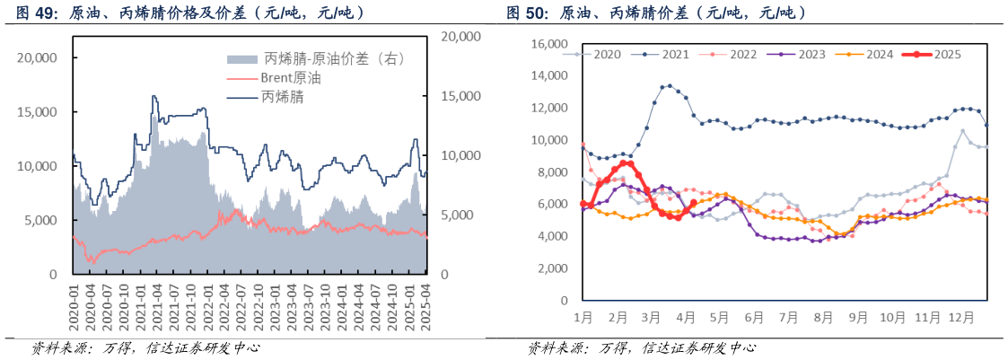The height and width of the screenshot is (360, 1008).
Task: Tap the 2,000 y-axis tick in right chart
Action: [x=552, y=268]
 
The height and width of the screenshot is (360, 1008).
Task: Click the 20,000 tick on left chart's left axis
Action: [x=38, y=57]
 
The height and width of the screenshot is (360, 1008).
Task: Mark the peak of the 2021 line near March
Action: [x=670, y=86]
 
